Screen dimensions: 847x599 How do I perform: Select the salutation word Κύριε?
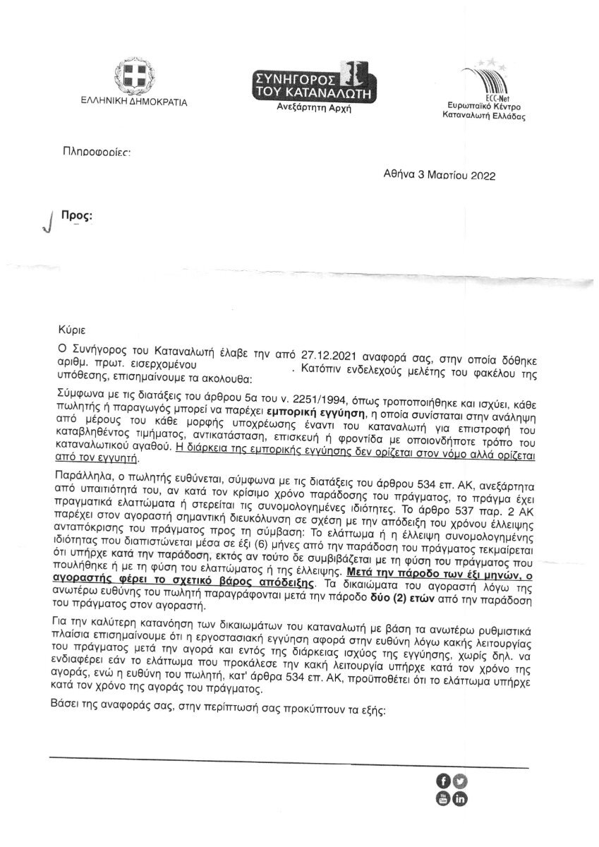[x=73, y=327]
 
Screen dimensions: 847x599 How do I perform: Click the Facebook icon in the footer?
[x=444, y=781]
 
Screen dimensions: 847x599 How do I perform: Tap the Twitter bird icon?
[x=461, y=781]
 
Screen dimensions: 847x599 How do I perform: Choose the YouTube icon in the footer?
[x=444, y=798]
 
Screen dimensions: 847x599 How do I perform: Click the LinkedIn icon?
[x=461, y=798]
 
